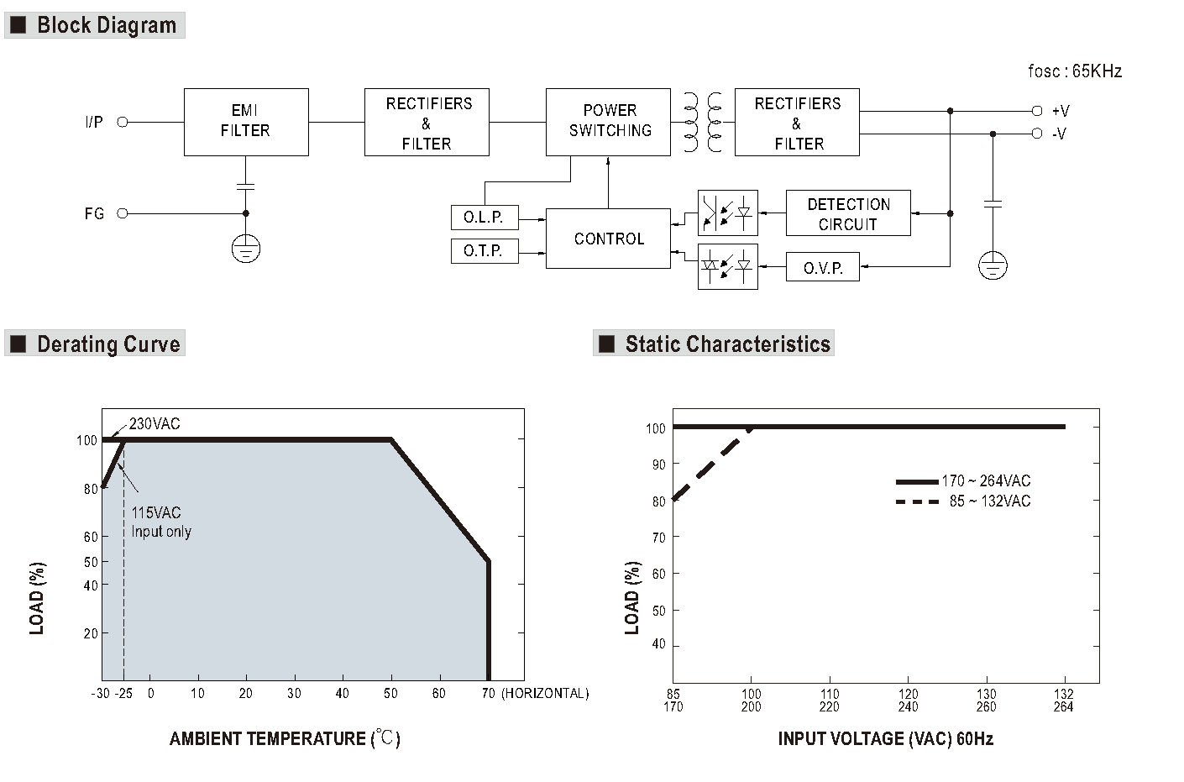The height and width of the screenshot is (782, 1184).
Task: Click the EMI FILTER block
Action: pos(246,122)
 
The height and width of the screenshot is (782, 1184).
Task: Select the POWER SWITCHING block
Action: pos(609,122)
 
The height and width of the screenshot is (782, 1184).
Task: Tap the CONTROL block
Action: pos(609,239)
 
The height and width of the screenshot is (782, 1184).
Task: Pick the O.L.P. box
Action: pos(485,218)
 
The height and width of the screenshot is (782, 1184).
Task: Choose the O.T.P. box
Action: pos(485,250)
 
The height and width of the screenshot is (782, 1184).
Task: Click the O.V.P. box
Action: pos(822,267)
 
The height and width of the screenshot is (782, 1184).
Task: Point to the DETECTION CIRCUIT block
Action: pos(848,213)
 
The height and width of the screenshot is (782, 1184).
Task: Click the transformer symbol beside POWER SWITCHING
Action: pos(703,122)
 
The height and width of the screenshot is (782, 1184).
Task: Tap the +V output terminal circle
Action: pos(1037,111)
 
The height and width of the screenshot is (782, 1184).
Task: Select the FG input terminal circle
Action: pos(123,213)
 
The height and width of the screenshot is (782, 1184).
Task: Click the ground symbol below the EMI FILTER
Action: pos(246,249)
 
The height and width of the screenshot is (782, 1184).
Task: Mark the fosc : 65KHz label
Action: pos(1075,71)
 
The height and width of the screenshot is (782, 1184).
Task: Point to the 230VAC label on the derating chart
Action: pos(155,423)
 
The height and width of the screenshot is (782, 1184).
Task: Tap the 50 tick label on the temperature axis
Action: pos(390,693)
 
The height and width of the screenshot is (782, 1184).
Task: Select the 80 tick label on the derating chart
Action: pos(91,489)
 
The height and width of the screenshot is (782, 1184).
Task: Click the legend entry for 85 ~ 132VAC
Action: pos(963,501)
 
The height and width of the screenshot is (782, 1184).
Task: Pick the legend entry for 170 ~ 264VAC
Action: pos(963,481)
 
